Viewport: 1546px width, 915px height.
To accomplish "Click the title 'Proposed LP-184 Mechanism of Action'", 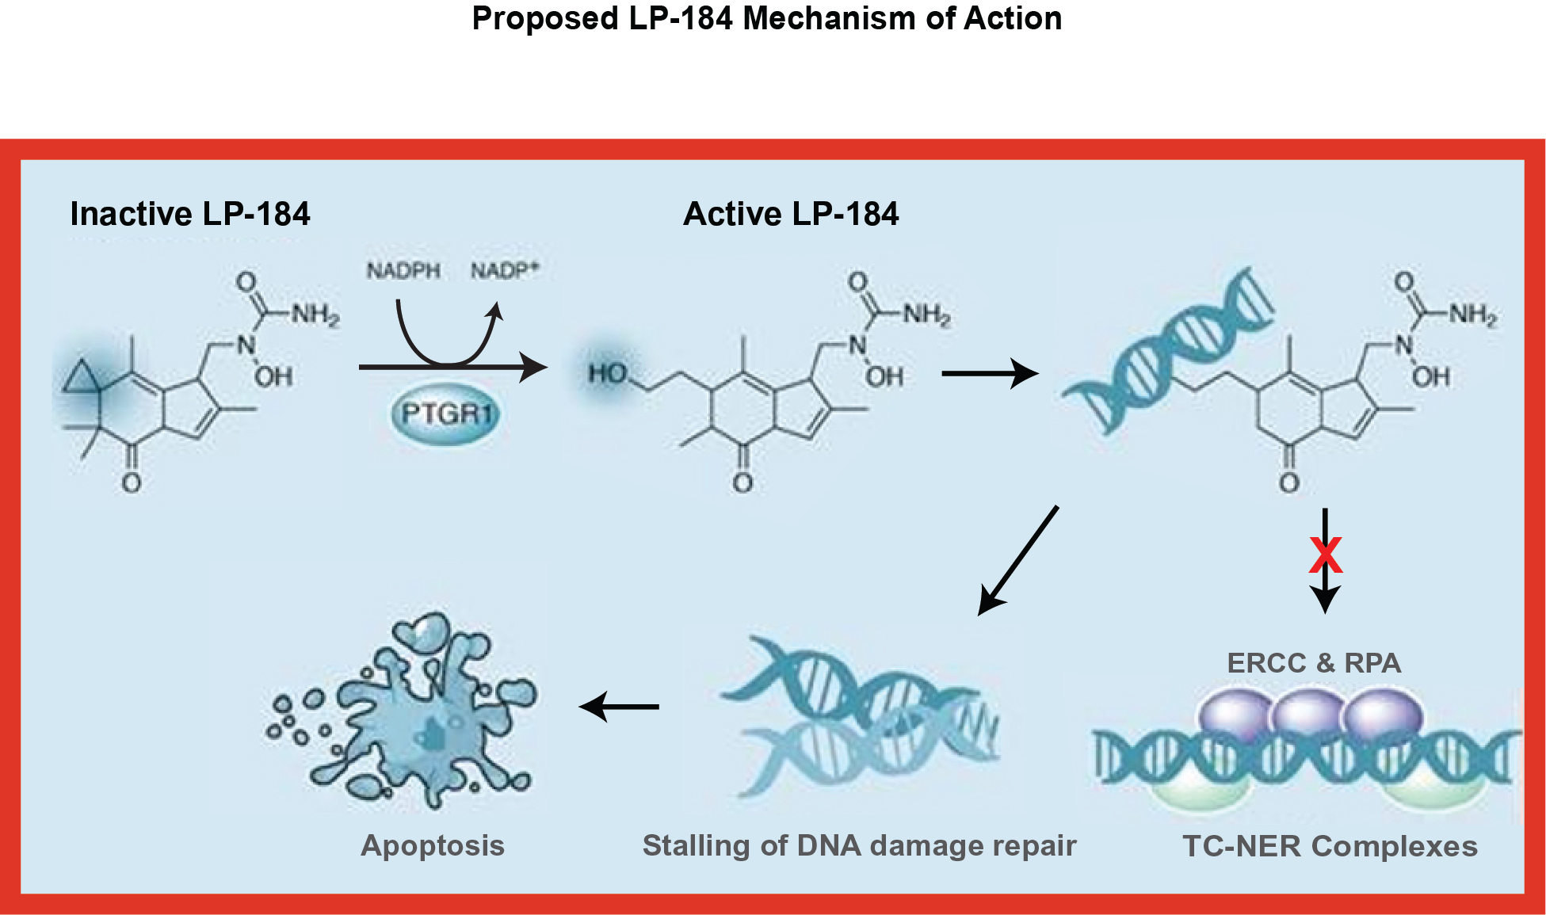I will [x=766, y=18].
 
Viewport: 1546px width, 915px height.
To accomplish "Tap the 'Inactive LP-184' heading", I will [x=190, y=214].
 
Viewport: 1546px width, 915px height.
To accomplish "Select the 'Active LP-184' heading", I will [x=791, y=214].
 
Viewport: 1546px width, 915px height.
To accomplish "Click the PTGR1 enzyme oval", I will [x=446, y=414].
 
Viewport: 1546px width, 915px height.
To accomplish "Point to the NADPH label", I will [x=403, y=271].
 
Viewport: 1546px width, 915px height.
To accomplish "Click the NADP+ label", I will [x=505, y=271].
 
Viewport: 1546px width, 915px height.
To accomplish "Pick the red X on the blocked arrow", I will [x=1325, y=555].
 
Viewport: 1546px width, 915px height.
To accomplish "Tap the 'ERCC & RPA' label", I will [x=1314, y=663].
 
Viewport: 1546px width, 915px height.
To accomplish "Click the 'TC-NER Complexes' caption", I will [x=1330, y=846].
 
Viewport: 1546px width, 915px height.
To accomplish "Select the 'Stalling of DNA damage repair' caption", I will [x=859, y=845].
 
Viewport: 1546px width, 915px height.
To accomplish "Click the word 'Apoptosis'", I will [x=433, y=845].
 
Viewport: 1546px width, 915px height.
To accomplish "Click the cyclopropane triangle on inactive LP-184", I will [x=82, y=377].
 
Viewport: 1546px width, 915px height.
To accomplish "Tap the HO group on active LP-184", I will [x=608, y=373].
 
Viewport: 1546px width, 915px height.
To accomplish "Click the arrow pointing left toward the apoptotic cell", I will [x=620, y=706].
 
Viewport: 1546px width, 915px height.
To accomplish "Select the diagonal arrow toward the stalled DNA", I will [x=1018, y=560].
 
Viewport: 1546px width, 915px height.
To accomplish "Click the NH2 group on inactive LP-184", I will [x=315, y=315].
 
